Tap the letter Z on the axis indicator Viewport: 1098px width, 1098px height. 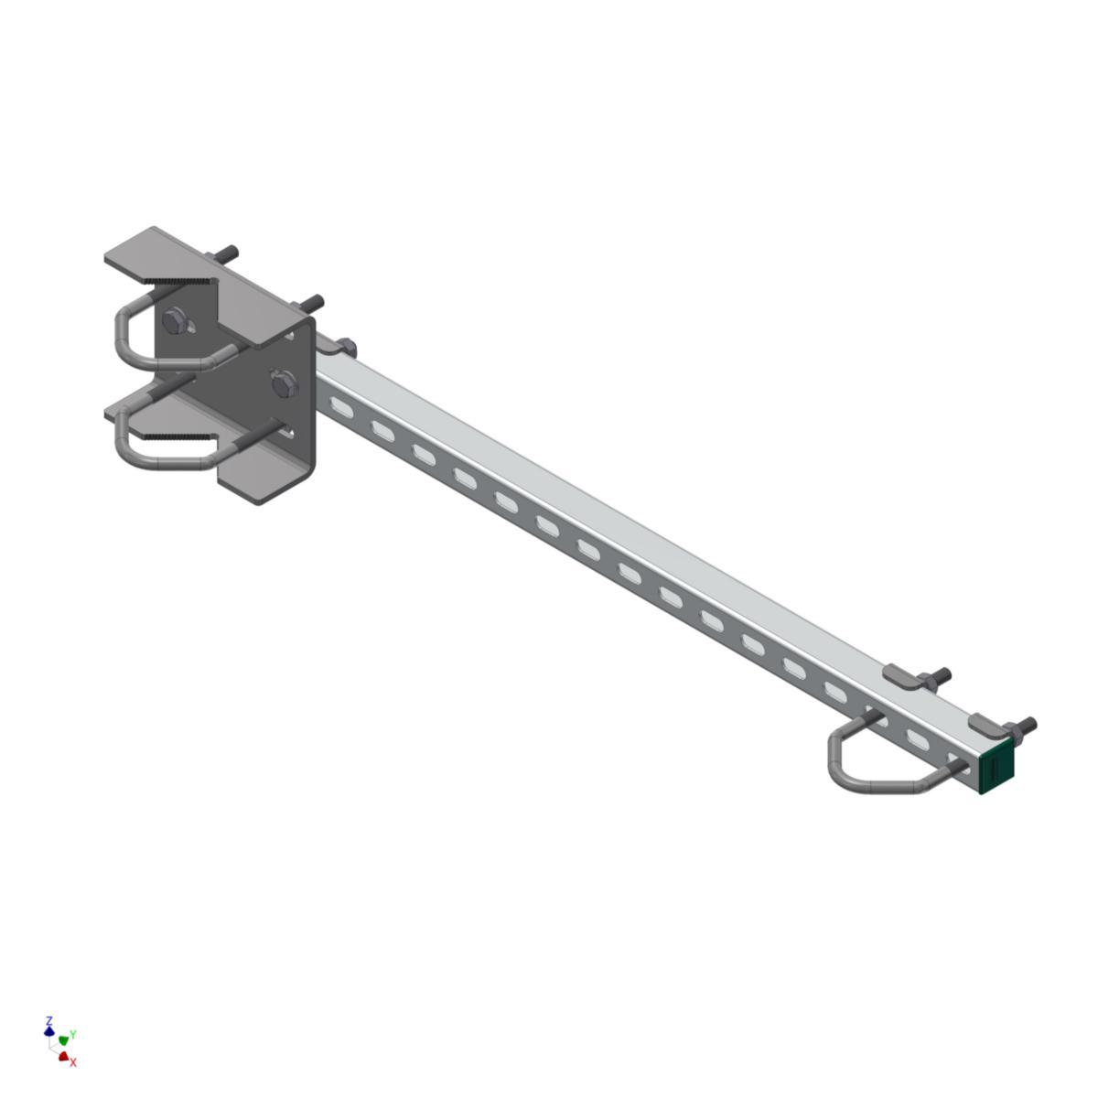point(49,1019)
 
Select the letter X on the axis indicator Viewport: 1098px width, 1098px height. point(73,1062)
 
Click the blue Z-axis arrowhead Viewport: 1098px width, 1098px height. point(49,1031)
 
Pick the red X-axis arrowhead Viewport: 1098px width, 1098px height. point(64,1056)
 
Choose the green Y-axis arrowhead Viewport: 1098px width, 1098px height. point(64,1040)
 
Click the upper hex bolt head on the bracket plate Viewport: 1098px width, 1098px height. point(175,321)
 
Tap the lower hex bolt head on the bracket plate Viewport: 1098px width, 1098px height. point(284,382)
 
